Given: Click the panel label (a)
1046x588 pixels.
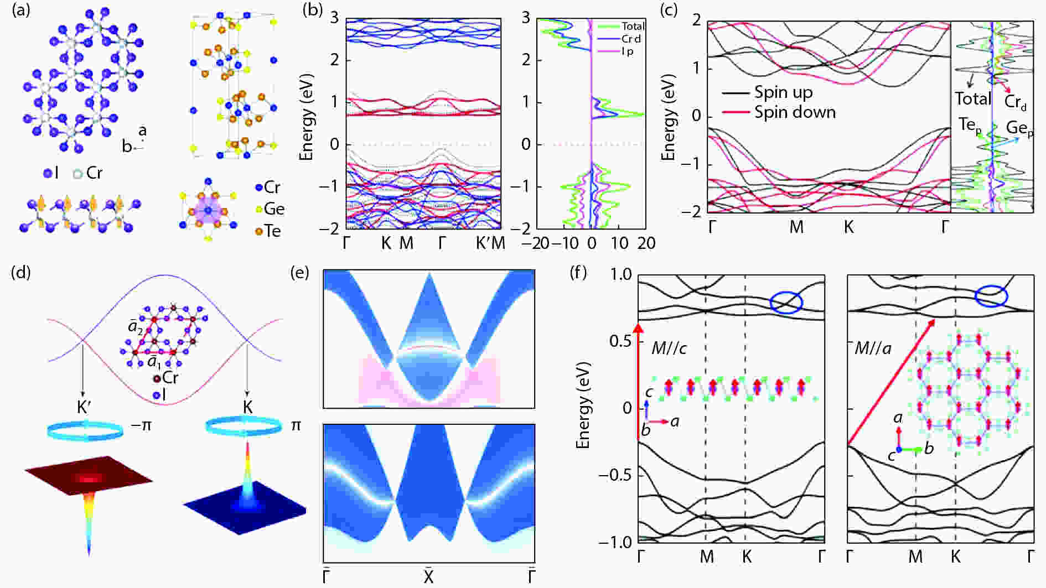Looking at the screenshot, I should (20, 11).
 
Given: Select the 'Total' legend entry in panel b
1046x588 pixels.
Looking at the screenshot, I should (633, 26).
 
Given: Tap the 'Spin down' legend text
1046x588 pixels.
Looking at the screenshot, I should (795, 112).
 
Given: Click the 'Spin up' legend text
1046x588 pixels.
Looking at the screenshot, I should (784, 92).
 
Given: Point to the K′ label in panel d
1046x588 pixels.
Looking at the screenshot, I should (85, 408).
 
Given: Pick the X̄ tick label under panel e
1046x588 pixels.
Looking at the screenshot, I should (428, 577).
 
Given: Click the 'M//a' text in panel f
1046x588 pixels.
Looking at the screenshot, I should (873, 348).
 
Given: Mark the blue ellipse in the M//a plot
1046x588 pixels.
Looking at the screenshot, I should (991, 296).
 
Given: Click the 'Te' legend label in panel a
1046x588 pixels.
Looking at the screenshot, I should (272, 231).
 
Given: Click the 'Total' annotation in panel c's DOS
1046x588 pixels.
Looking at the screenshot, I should (972, 98).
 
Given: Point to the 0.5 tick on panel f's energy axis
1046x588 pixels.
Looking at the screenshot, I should (619, 341).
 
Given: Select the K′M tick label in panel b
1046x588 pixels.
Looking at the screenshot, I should (490, 243).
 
